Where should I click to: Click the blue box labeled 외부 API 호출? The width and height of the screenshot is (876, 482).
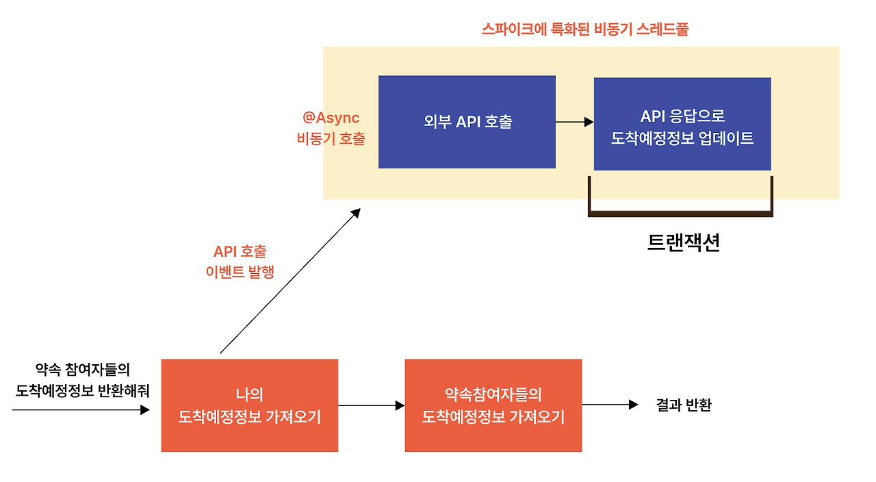[x=467, y=122]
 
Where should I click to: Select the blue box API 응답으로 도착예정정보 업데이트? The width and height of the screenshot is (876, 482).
[x=682, y=124]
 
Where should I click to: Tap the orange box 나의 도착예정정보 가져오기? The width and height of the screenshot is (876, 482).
[x=249, y=405]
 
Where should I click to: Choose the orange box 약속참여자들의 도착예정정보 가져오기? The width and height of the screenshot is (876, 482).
[x=493, y=405]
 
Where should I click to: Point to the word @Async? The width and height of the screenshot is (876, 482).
[x=331, y=118]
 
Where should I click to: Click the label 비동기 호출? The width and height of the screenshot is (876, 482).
[x=331, y=138]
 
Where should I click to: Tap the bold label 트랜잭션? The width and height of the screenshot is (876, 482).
[x=683, y=243]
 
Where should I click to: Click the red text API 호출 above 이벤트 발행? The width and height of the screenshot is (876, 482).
[x=240, y=252]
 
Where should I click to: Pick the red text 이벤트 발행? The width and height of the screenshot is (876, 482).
[x=240, y=272]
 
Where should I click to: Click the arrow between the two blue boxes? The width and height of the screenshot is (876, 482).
[x=574, y=123]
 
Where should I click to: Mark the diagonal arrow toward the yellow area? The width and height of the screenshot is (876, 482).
[x=289, y=281]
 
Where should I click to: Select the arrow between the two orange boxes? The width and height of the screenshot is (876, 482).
[x=371, y=405]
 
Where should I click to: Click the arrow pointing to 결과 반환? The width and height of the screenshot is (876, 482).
[x=609, y=405]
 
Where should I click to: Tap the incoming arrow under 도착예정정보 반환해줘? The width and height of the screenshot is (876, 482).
[x=80, y=410]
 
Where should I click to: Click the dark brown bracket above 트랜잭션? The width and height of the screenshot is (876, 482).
[x=680, y=213]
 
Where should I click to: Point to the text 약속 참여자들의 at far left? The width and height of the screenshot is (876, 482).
[x=82, y=370]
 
